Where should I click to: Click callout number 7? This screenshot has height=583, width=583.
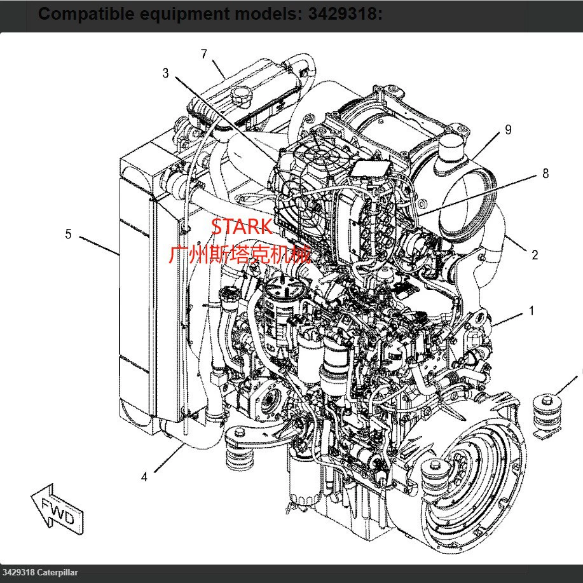(x=204, y=54)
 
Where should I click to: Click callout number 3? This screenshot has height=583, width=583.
(x=166, y=73)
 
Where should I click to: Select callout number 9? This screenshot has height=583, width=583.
(x=508, y=130)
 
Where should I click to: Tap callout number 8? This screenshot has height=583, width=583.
(x=545, y=173)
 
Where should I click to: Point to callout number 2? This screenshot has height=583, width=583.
(x=535, y=255)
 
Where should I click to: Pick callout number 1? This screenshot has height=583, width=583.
(x=532, y=312)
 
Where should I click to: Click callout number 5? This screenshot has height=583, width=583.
(x=69, y=234)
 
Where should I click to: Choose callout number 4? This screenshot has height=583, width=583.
(x=144, y=476)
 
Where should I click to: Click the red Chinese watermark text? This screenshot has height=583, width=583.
(x=240, y=255)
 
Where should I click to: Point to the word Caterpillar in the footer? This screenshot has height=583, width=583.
(x=58, y=573)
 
